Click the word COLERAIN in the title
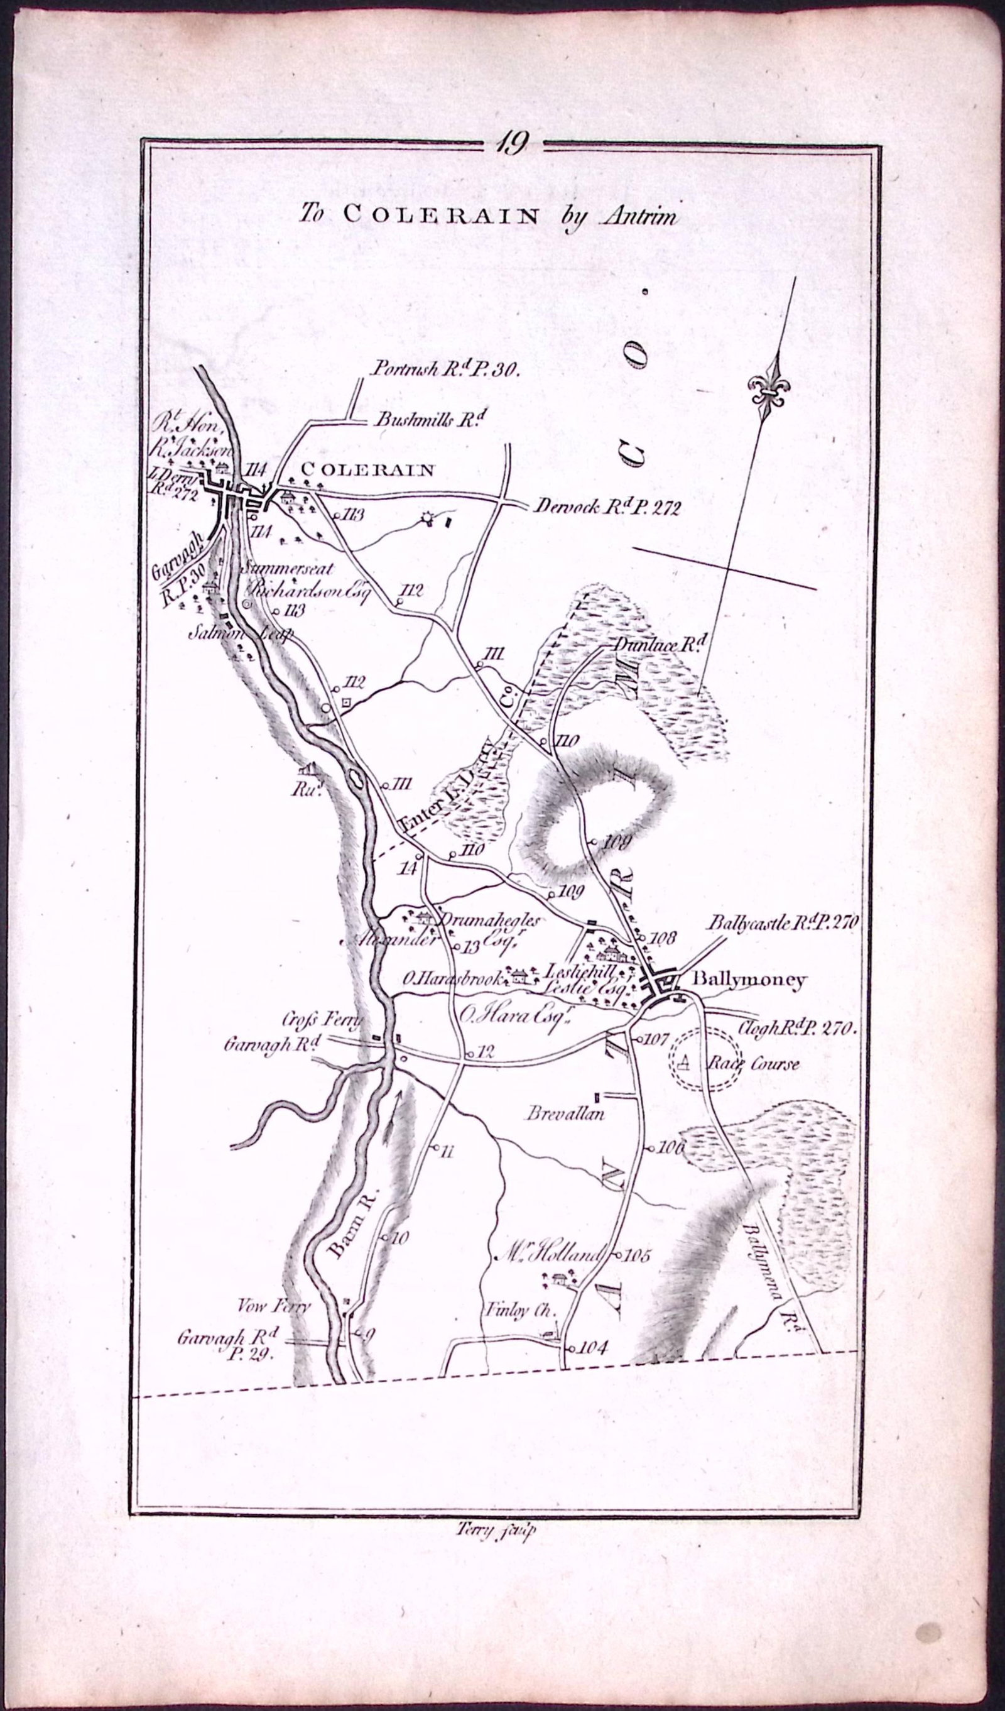[441, 214]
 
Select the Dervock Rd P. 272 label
[607, 507]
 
